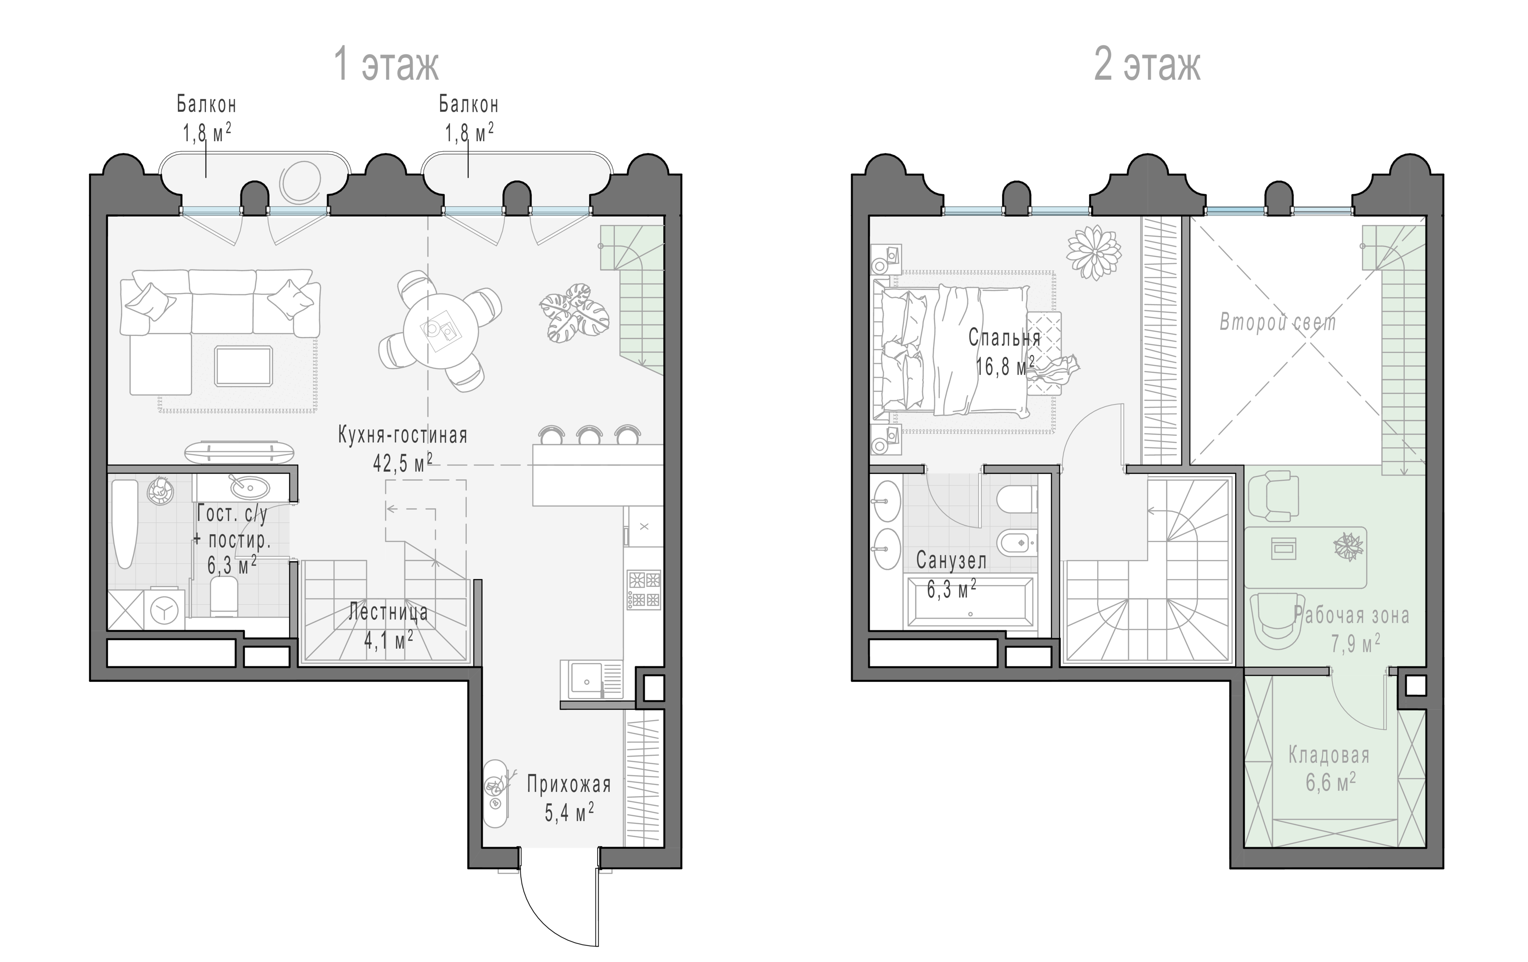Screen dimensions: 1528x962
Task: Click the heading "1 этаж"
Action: [386, 65]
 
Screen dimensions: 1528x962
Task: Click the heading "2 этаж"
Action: [1147, 65]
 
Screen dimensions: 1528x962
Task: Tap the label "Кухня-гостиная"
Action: [402, 435]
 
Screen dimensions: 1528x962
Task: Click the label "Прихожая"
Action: [569, 785]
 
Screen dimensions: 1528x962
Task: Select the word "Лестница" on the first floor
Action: [388, 612]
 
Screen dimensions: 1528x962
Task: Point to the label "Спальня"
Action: [1005, 337]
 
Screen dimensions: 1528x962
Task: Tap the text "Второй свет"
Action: [1278, 322]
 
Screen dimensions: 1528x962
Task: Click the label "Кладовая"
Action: [1329, 755]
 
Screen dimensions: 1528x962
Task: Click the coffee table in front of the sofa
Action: [244, 366]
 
